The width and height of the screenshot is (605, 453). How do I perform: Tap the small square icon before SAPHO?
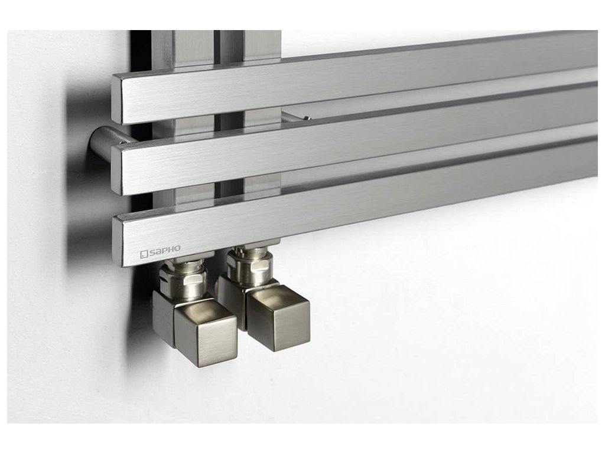[144, 254]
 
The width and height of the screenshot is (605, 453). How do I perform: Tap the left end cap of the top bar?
[116, 99]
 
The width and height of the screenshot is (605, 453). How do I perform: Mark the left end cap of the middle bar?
[116, 170]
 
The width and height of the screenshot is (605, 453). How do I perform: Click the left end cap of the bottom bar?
[118, 241]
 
